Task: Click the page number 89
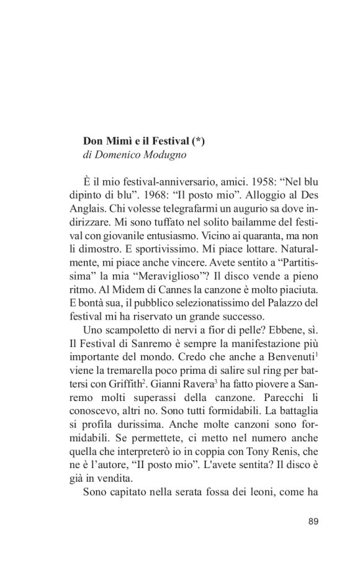click(313, 521)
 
